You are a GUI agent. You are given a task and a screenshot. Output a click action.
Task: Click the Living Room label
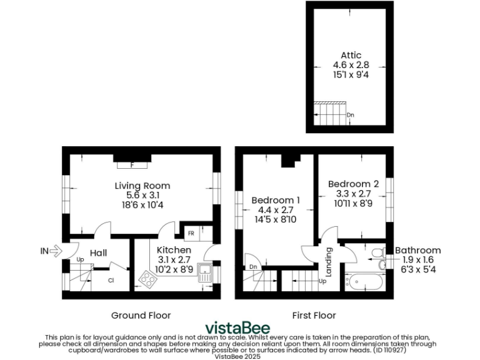[142, 186]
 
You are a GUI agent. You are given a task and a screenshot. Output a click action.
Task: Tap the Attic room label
[351, 56]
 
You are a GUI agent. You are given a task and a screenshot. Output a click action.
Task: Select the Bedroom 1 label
[276, 200]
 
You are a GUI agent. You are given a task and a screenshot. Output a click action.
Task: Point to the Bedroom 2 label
[353, 184]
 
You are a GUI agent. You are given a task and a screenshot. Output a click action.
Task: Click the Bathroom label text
[417, 251]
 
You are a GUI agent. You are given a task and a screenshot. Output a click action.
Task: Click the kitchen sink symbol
[205, 272]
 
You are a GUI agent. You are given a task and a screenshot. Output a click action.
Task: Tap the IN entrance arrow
[50, 251]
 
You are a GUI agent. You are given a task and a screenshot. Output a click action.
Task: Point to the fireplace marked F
[132, 165]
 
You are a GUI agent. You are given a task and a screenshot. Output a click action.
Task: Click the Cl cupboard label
[111, 281]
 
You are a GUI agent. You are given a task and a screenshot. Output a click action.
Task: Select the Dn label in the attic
[351, 115]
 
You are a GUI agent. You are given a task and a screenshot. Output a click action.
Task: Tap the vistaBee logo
[239, 328]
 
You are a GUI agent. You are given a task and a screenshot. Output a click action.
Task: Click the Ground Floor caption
[141, 315]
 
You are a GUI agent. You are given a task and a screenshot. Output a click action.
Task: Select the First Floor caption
[314, 315]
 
